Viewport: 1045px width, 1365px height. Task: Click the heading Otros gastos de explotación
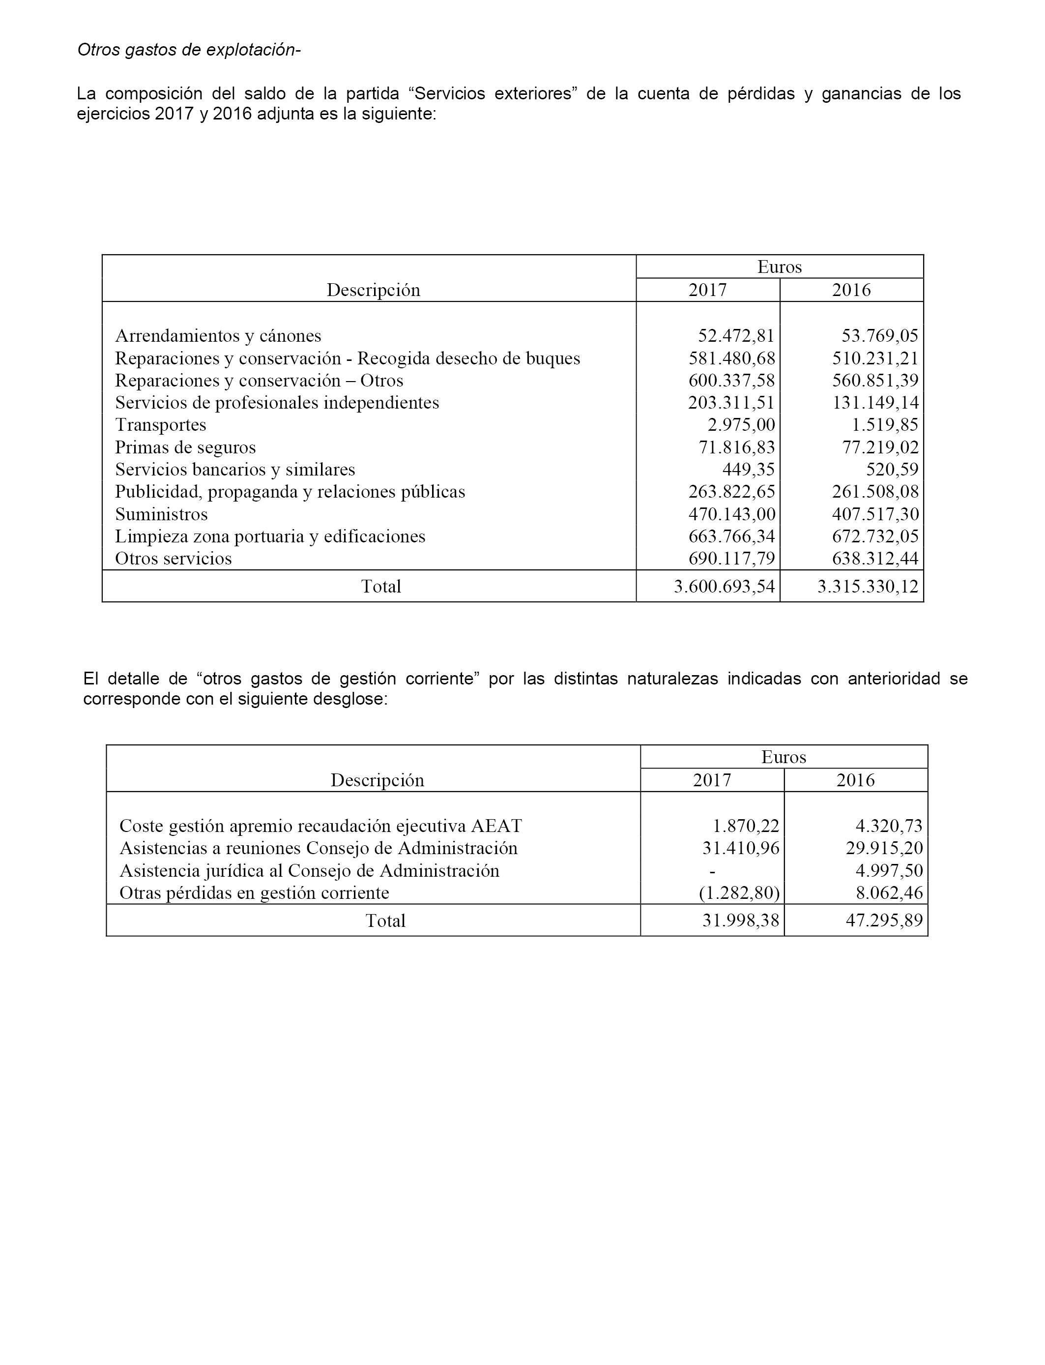point(188,50)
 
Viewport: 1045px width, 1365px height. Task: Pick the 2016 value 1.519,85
point(879,425)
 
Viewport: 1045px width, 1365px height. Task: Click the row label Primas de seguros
point(185,447)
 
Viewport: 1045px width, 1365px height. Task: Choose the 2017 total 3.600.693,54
point(725,587)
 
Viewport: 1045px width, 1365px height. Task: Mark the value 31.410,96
point(741,848)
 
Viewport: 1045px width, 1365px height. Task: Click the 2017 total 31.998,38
point(741,921)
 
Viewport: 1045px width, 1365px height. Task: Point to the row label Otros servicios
point(174,559)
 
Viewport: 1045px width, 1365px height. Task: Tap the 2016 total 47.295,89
point(884,921)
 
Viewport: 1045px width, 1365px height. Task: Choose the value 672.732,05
point(875,536)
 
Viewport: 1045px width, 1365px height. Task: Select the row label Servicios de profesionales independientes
point(277,403)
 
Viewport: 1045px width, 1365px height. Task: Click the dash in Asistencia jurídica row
point(712,870)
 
